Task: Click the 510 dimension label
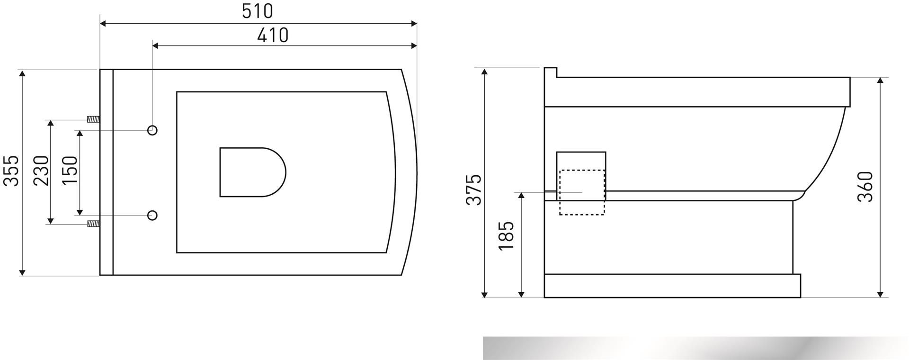pos(258,11)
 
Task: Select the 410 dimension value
pos(273,36)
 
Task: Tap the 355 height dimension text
pos(11,171)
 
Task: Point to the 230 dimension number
pos(41,171)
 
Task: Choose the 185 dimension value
pos(506,235)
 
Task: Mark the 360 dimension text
pos(865,187)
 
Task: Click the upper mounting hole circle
pos(152,130)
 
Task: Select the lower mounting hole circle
pos(152,216)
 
